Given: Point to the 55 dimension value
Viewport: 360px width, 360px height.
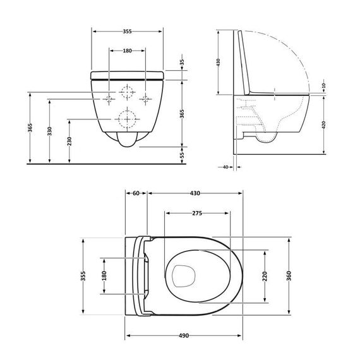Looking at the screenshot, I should pos(182,154).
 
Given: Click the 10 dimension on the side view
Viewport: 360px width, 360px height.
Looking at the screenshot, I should pos(323,85).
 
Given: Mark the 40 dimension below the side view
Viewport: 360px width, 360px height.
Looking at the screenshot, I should pos(225,167).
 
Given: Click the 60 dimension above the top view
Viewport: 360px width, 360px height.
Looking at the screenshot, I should pos(136,195).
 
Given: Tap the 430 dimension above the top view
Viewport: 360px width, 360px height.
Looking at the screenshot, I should pos(196,195).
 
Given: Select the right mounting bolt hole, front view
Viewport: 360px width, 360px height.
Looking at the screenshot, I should pos(147,98).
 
